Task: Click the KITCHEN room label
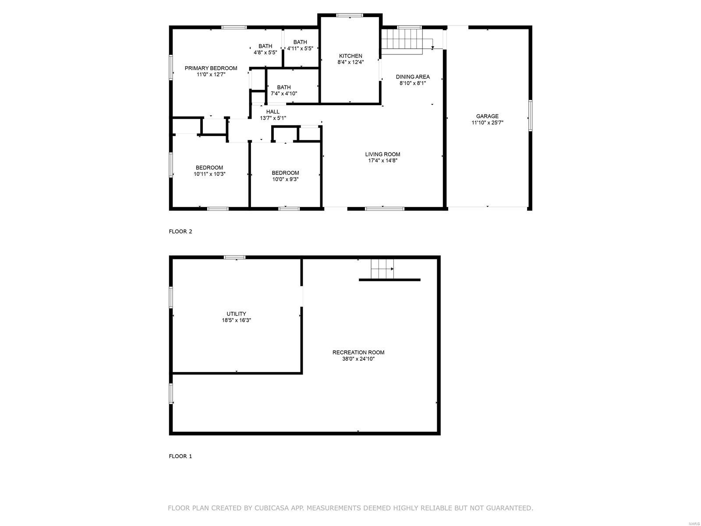(x=350, y=56)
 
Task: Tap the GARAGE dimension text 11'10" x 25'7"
(x=487, y=123)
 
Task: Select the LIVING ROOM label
(x=382, y=154)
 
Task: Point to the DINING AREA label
(x=413, y=77)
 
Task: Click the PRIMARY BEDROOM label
(x=211, y=68)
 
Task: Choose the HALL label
(x=273, y=111)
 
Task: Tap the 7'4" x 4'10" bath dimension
(x=283, y=93)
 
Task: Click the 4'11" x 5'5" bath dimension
(x=300, y=49)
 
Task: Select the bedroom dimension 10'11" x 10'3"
(x=209, y=174)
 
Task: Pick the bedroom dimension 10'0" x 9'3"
(x=285, y=179)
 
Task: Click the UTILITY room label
(x=236, y=313)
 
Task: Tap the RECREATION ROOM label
(x=358, y=352)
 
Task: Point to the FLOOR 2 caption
(x=181, y=231)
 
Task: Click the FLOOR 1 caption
(x=181, y=456)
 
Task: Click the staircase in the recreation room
(x=382, y=269)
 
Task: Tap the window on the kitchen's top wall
(x=350, y=15)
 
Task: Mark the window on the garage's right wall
(x=530, y=115)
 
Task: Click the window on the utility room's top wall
(x=235, y=257)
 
